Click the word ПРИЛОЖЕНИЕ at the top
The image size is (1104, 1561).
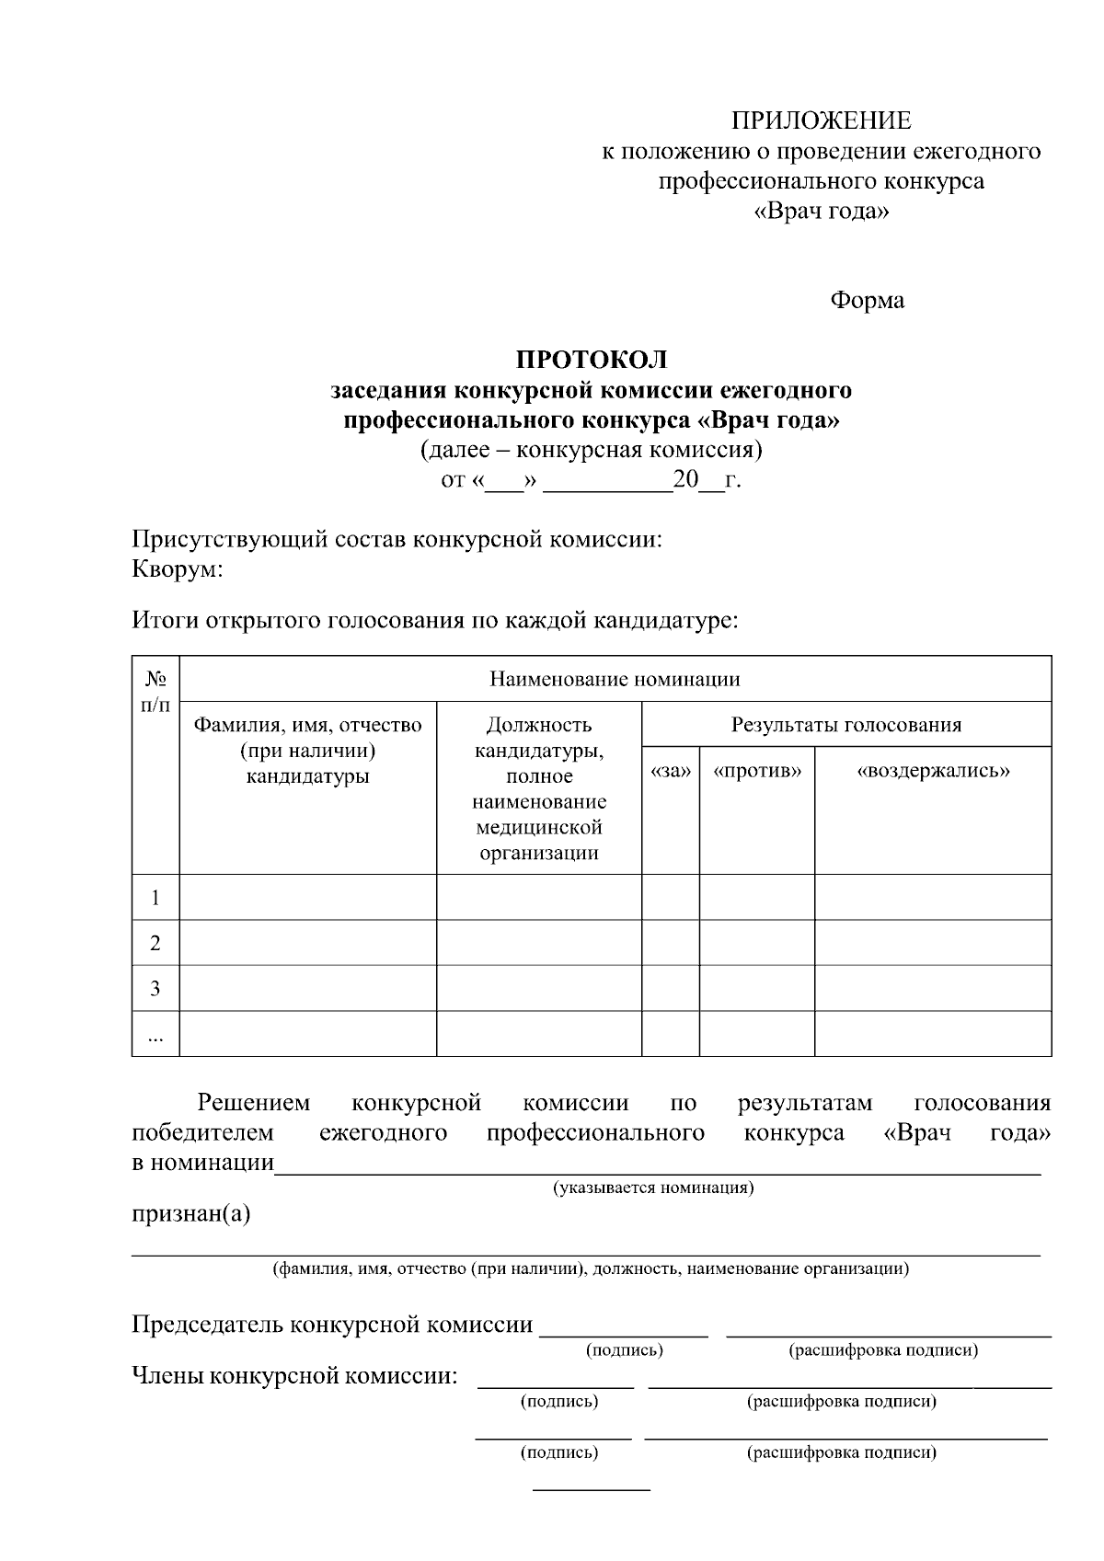[821, 121]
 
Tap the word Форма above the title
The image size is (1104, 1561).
[867, 300]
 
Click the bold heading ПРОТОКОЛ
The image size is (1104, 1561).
[591, 360]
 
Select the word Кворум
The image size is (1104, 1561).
[177, 569]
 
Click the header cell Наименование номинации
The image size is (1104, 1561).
[615, 680]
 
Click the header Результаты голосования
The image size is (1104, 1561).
[845, 725]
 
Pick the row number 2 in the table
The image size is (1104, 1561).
[155, 943]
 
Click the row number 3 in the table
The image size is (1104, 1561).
[155, 989]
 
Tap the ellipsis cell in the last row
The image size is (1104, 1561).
[155, 1037]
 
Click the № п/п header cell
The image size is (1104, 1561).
[155, 692]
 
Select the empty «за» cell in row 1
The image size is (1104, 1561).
[670, 897]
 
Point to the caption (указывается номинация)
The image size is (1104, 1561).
[653, 1188]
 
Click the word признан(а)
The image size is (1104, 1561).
[190, 1213]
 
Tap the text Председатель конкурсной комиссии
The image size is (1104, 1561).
[332, 1325]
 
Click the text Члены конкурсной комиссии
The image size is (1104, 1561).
[294, 1376]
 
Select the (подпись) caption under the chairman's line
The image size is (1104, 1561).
[624, 1350]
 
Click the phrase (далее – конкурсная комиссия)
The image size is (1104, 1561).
[591, 451]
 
